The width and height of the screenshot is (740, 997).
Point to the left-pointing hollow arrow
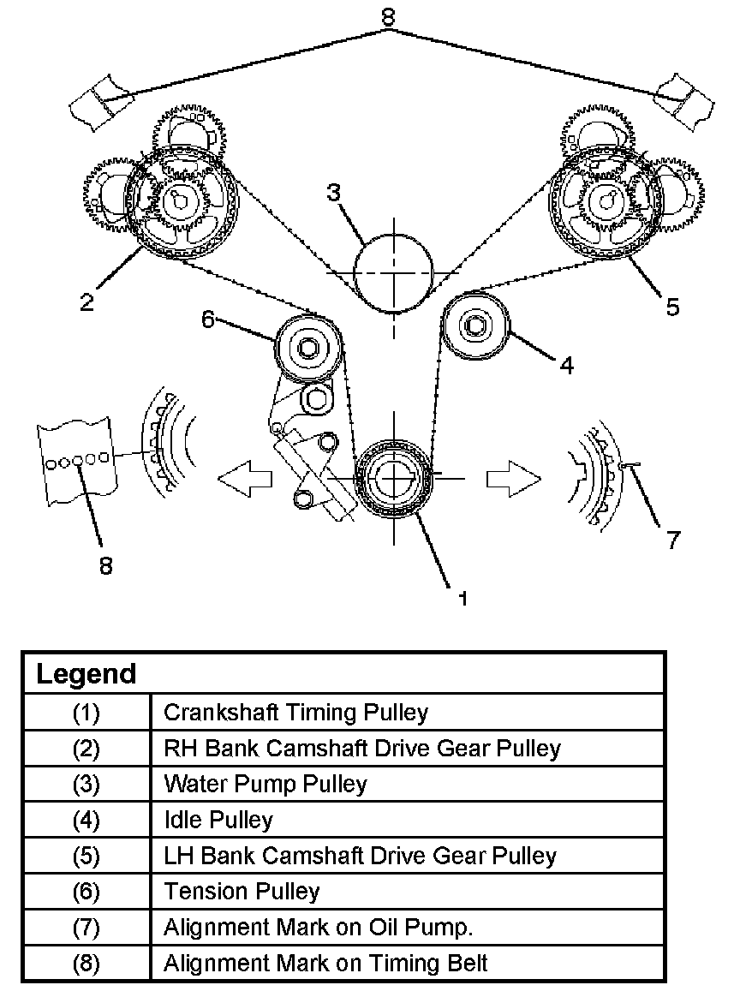(x=245, y=478)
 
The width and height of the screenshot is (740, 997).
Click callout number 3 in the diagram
(x=333, y=192)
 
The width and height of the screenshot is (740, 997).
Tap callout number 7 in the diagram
(x=672, y=540)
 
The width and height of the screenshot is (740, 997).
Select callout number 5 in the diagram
(x=672, y=307)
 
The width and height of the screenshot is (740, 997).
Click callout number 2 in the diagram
(x=87, y=301)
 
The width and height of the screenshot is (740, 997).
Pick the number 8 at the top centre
(x=388, y=16)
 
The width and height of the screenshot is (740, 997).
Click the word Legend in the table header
(x=87, y=674)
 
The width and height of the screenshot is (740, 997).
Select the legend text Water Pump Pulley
(x=266, y=784)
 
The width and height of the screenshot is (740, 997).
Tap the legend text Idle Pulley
(x=218, y=821)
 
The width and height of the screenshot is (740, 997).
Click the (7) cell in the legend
(x=87, y=928)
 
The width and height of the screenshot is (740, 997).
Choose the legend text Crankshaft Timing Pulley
(x=295, y=712)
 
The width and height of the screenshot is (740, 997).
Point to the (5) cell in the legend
(x=87, y=856)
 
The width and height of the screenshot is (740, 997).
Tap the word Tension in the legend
(x=200, y=892)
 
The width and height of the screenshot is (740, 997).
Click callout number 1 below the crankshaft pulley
(x=462, y=599)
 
